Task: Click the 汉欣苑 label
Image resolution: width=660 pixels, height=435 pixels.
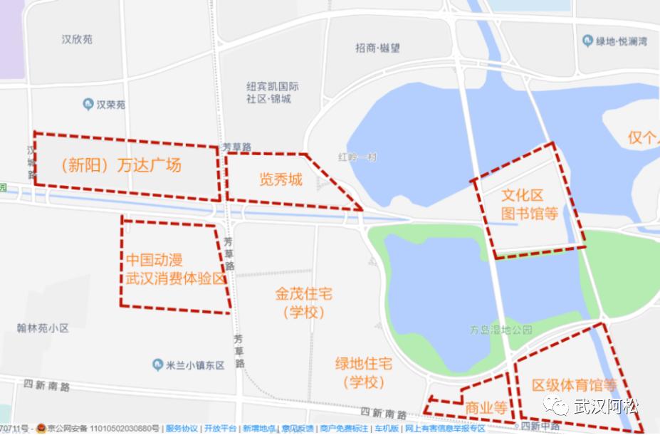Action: [77, 40]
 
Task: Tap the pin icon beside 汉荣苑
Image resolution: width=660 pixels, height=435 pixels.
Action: [87, 105]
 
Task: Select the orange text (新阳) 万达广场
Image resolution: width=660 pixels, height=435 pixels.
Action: [121, 166]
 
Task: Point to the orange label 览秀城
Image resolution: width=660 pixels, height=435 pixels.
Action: [281, 179]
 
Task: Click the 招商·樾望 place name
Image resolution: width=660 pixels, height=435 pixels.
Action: [377, 48]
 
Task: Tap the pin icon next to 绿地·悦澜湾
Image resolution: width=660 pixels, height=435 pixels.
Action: [587, 41]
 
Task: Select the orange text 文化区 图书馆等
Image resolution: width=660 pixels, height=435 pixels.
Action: [529, 204]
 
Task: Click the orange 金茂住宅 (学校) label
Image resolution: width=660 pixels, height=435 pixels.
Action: [304, 303]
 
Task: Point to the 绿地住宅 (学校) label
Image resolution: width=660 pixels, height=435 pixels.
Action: [364, 372]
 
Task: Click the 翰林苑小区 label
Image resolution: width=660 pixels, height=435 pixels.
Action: [43, 328]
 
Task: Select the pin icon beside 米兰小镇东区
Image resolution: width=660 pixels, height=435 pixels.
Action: [158, 365]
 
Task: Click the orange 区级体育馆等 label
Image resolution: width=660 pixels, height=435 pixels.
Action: [574, 386]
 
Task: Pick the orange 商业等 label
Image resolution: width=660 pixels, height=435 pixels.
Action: [486, 409]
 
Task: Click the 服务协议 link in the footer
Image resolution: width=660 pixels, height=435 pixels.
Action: [182, 429]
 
